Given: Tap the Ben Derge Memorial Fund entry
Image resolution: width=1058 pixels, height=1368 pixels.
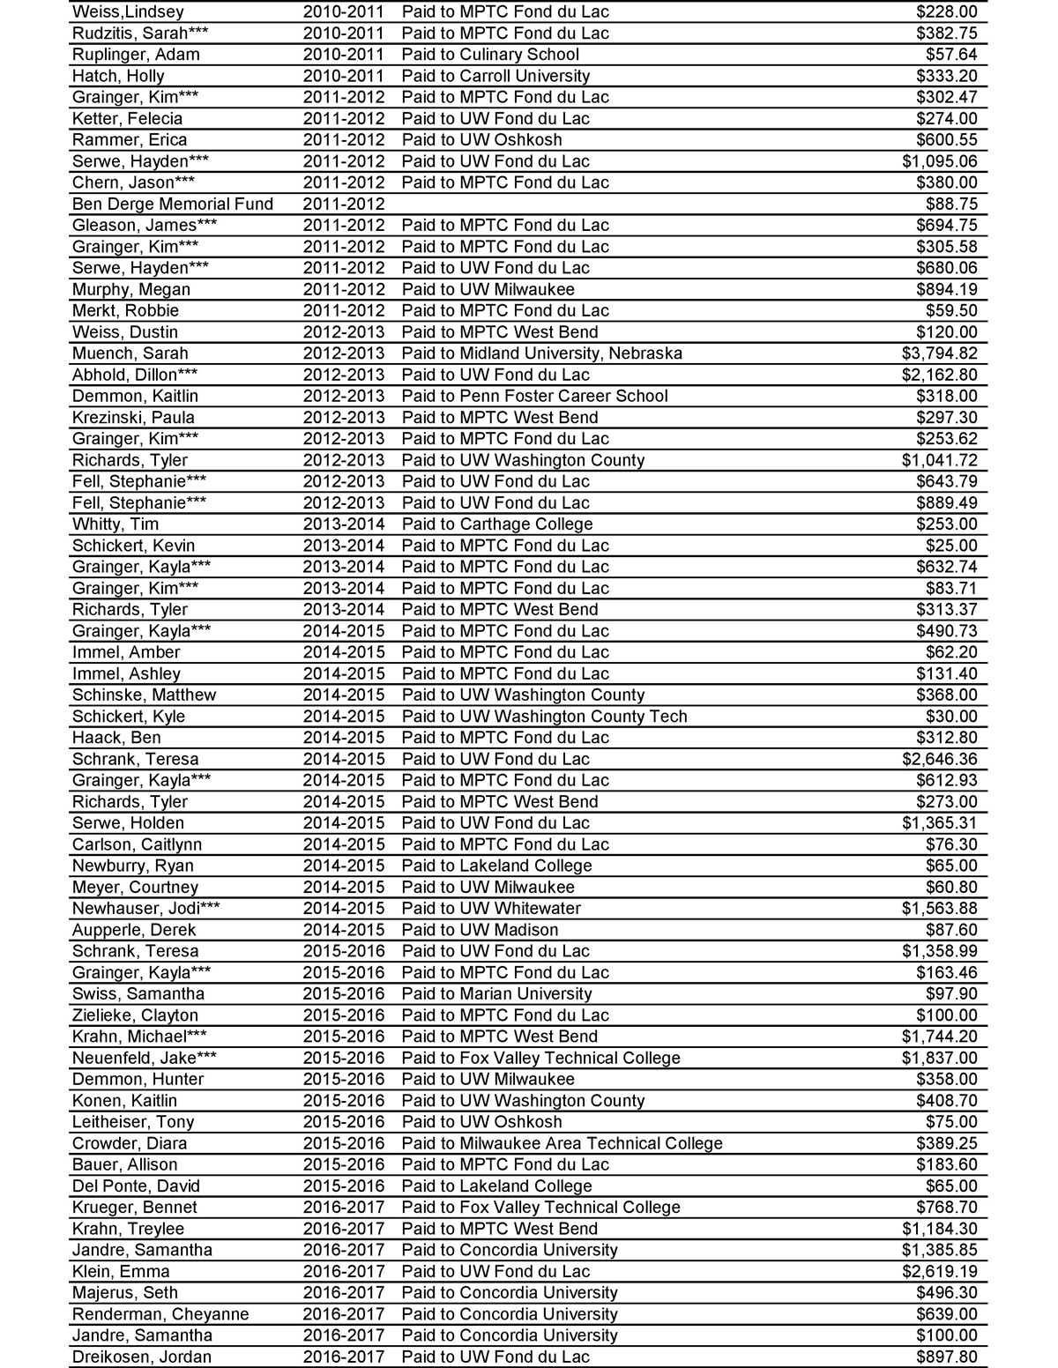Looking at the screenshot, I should pos(173,204).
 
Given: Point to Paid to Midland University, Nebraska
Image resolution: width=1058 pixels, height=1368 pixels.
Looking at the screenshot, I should pos(541,353).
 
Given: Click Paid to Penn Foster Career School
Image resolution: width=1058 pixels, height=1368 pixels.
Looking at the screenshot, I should pos(534,397).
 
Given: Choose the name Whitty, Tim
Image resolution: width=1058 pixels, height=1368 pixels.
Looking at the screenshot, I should pos(115,524).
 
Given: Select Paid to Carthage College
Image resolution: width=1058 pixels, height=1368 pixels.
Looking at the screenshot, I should pos(497,524).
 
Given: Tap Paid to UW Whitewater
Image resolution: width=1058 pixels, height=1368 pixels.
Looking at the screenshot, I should pos(491,909).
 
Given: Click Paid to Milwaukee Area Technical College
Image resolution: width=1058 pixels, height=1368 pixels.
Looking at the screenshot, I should pos(562,1143).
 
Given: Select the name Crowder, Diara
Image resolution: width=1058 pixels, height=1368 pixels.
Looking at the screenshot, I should pos(130,1143).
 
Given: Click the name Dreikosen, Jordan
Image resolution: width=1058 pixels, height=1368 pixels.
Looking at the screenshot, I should pos(142,1357).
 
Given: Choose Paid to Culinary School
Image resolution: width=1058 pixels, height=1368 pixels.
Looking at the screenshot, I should pos(490,55).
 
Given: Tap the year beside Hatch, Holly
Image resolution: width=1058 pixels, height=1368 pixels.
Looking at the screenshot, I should pos(344,76).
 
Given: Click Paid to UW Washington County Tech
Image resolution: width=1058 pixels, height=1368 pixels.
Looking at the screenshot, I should pos(544,717).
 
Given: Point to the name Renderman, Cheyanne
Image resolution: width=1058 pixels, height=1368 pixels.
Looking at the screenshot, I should pos(160,1314).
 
